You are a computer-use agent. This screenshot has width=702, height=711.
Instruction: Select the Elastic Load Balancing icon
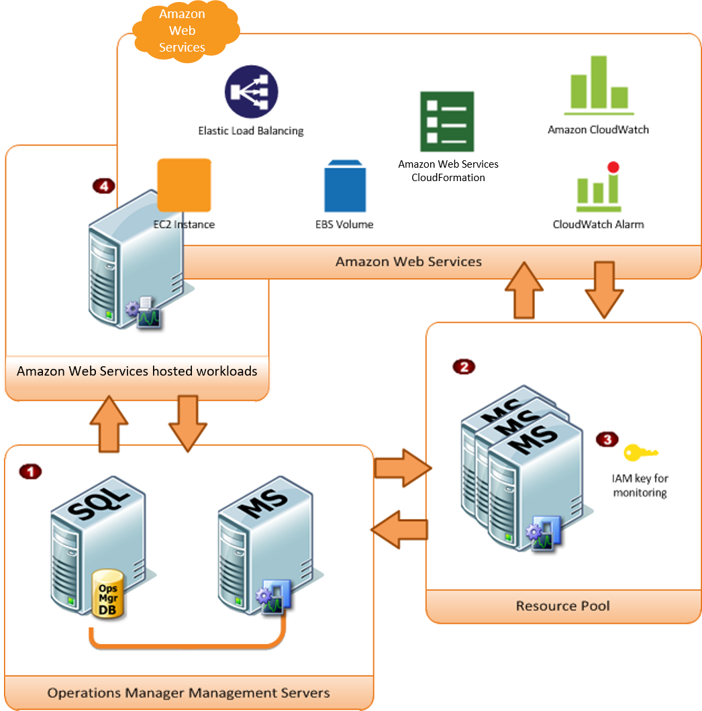point(251,91)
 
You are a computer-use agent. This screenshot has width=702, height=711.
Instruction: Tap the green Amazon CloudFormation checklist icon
point(447,121)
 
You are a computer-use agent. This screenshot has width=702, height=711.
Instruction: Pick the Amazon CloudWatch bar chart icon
point(599,83)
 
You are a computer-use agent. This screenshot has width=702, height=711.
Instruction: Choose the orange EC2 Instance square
point(184,185)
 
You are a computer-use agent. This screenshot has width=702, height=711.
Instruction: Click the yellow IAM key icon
point(640,453)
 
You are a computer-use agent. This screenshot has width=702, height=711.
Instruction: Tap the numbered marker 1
point(30,472)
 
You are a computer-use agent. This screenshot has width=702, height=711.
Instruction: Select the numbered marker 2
point(463,366)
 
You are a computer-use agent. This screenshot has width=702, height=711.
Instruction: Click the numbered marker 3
point(607,439)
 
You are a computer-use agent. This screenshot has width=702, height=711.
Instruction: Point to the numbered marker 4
point(103,186)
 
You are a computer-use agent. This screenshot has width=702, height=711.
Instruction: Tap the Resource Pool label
point(562,606)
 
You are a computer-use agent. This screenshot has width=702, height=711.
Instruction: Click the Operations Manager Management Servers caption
point(188,692)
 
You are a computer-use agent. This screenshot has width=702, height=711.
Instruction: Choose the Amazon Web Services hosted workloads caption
point(137,371)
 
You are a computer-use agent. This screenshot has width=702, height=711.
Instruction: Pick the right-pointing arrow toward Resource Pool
point(401,468)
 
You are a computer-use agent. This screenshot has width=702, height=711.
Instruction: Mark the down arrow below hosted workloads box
point(187,423)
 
